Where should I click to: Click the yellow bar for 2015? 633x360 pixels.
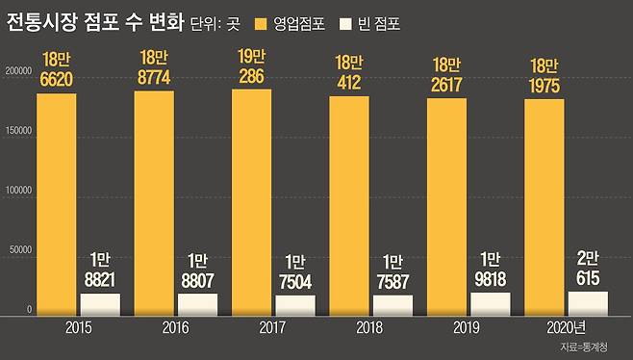tap(56, 204)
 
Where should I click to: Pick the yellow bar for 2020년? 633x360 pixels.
tap(544, 206)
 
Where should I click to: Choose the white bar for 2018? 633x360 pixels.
tap(392, 304)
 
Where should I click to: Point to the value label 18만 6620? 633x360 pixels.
tap(56, 69)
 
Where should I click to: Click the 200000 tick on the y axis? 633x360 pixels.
tap(18, 71)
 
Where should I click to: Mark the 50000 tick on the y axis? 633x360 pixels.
tap(20, 250)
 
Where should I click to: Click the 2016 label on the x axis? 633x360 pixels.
tap(174, 328)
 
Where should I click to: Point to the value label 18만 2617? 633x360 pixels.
tap(446, 73)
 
